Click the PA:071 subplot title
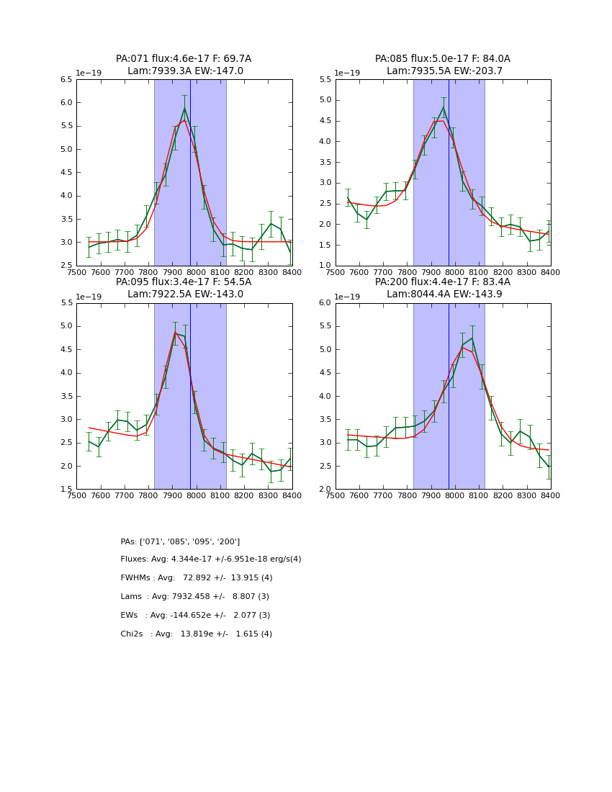click(184, 65)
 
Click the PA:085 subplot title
click(442, 65)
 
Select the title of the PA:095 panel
click(184, 288)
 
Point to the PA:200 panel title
click(442, 288)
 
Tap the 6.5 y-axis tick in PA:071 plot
click(66, 80)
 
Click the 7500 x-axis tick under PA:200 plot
click(336, 495)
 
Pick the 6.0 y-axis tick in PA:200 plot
click(325, 303)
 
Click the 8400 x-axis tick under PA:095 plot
click(292, 495)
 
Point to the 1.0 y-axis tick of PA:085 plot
click(325, 266)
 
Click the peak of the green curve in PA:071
click(184, 108)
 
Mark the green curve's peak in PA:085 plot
click(444, 107)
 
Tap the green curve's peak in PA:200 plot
click(472, 338)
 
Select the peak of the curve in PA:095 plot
click(175, 332)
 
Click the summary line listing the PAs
click(180, 541)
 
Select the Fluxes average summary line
click(211, 559)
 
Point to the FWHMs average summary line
click(197, 578)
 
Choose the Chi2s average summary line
click(197, 634)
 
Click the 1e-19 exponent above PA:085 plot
click(347, 73)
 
